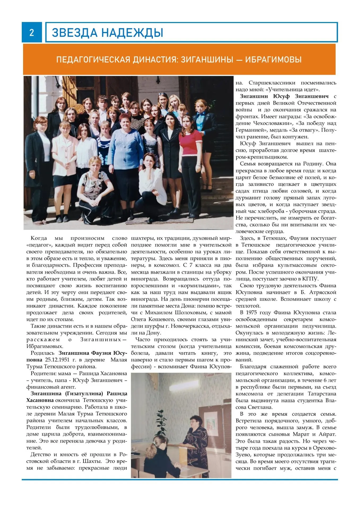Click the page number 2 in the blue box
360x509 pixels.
pos(32,32)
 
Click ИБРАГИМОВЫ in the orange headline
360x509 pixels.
pos(273,60)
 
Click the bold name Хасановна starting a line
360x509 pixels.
pos(40,400)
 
